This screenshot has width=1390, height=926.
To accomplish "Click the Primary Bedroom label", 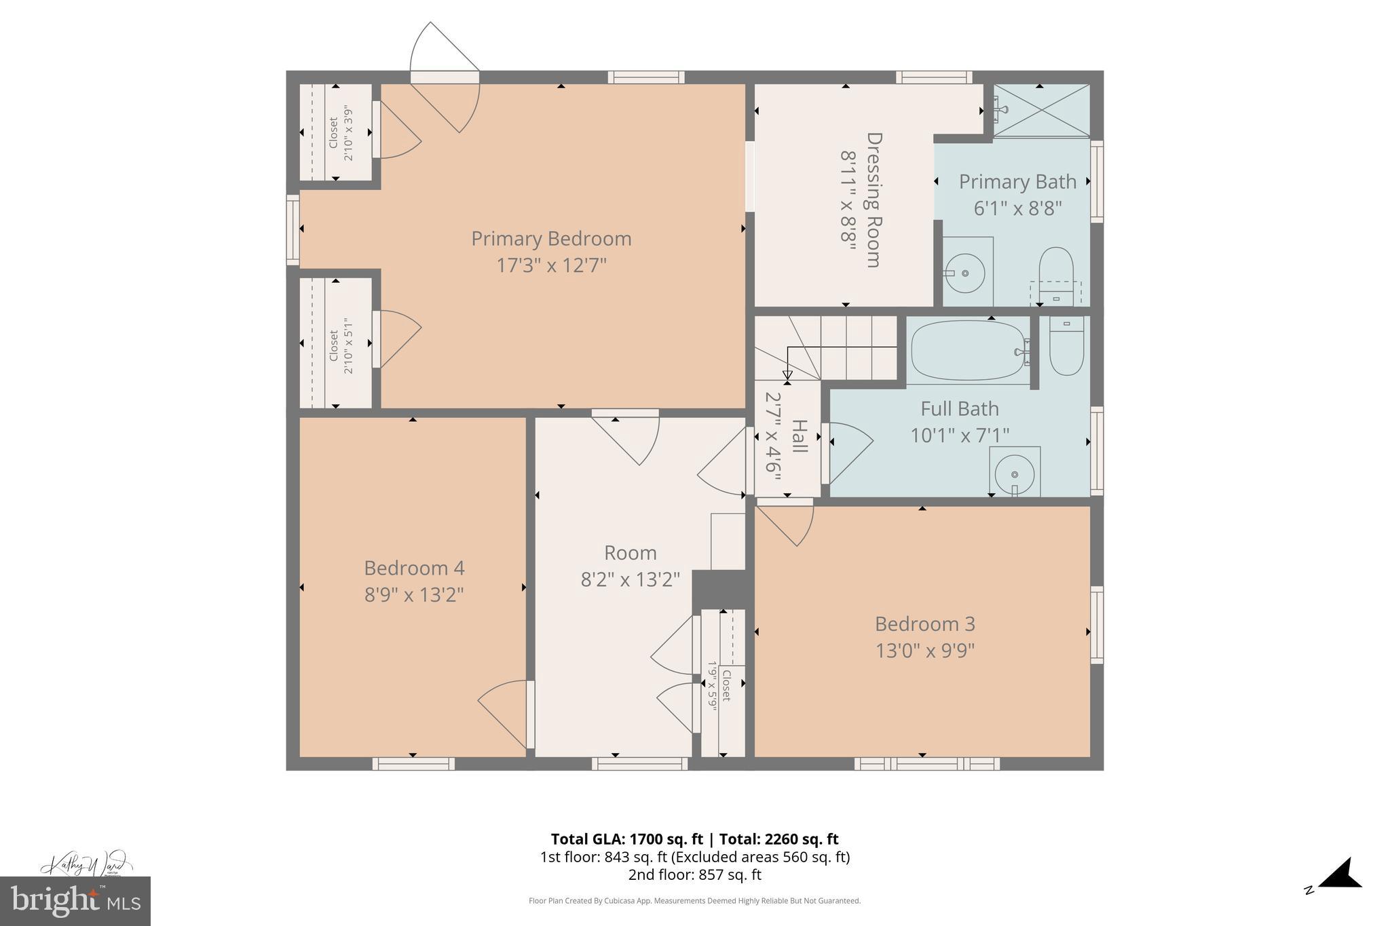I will (x=551, y=239).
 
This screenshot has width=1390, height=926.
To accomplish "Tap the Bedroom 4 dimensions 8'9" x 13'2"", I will (x=414, y=595).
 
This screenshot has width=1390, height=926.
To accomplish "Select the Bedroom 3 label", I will (x=924, y=623).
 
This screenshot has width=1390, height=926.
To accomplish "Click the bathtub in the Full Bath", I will (x=969, y=351).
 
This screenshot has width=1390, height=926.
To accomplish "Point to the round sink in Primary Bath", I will (x=964, y=273).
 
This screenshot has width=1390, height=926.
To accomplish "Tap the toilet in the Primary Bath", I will (x=1056, y=271).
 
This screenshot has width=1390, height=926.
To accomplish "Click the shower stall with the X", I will (x=1041, y=111).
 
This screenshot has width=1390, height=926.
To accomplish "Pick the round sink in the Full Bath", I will (x=1014, y=473).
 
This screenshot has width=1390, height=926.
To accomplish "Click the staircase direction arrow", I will (x=787, y=374).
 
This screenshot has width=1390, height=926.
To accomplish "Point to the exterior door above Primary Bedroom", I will (x=445, y=76).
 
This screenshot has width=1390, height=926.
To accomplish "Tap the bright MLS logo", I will (x=75, y=901).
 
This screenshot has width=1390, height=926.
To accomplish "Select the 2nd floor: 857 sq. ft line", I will (x=694, y=875).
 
